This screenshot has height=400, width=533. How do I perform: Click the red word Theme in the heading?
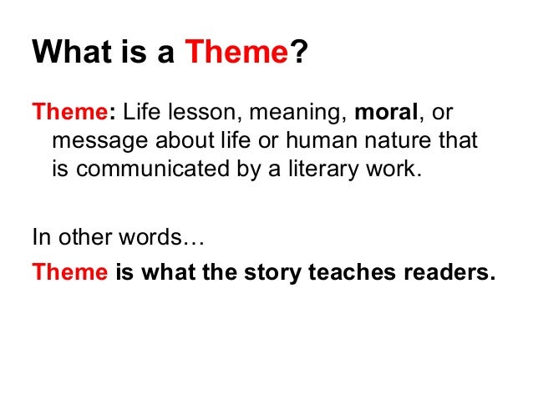[236, 55]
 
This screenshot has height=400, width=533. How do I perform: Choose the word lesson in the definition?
[193, 112]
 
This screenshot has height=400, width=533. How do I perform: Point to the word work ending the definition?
[388, 170]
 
